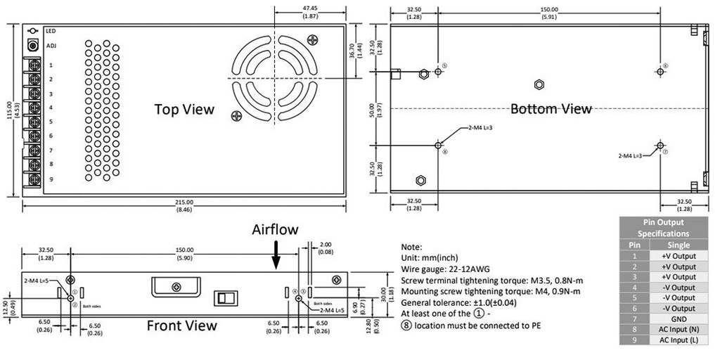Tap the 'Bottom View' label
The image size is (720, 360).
click(x=551, y=109)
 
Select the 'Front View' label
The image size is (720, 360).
click(x=181, y=326)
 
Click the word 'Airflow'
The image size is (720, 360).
click(x=276, y=229)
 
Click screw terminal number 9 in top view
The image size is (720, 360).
click(x=32, y=179)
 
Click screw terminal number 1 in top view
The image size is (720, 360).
click(x=32, y=65)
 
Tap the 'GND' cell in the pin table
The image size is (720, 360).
click(x=679, y=319)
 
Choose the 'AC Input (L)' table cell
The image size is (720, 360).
click(x=679, y=340)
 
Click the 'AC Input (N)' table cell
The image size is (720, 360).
click(x=679, y=329)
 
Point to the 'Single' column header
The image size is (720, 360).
click(x=679, y=245)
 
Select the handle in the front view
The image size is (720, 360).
click(x=176, y=286)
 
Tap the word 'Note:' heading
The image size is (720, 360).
click(x=411, y=247)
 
